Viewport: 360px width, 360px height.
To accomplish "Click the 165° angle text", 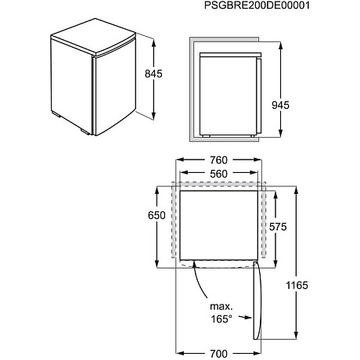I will [x=221, y=319].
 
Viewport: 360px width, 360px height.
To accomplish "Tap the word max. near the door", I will [x=220, y=305].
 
